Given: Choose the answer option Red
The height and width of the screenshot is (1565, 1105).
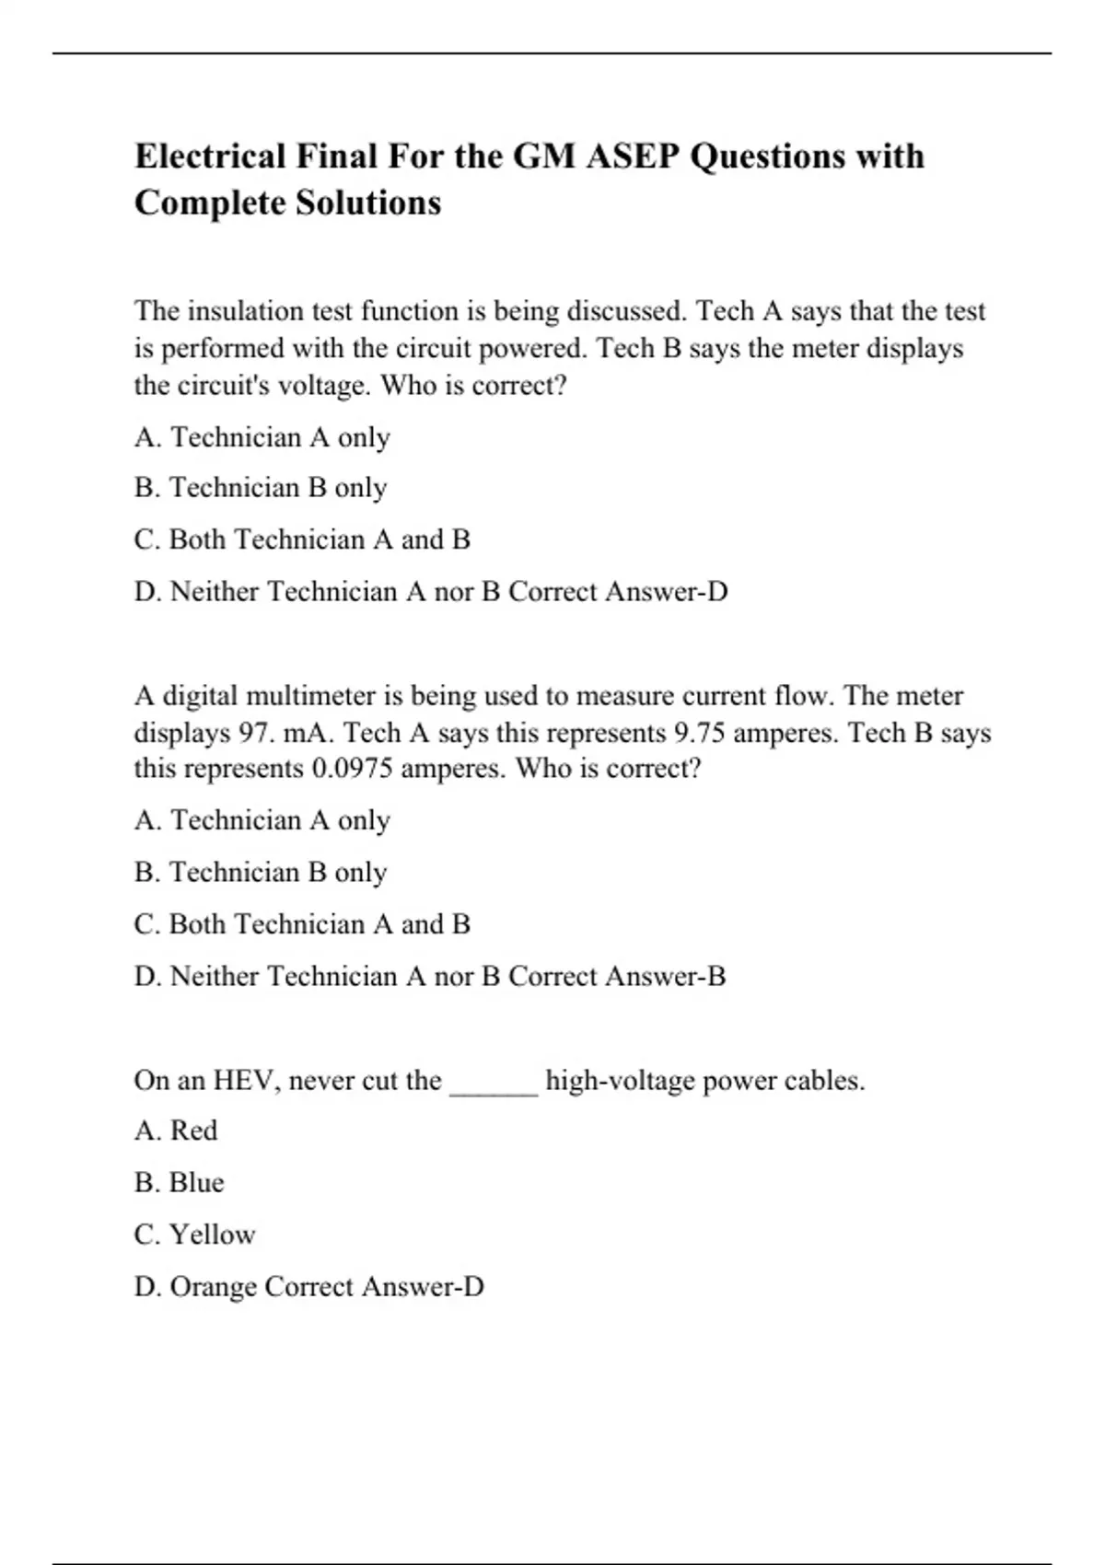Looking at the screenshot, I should click(x=193, y=1130).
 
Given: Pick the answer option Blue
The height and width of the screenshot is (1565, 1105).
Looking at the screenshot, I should click(x=196, y=1183).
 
